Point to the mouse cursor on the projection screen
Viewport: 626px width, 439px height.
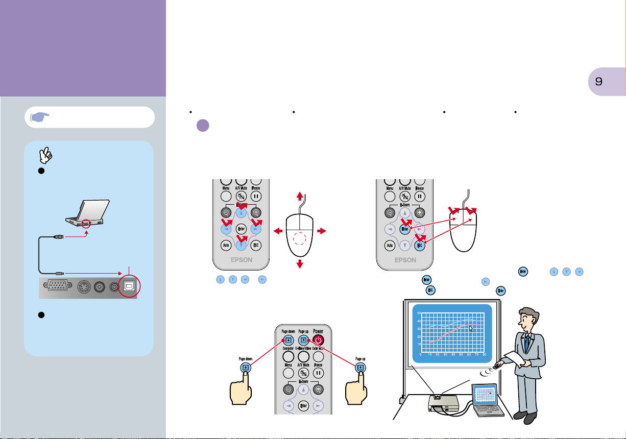471,328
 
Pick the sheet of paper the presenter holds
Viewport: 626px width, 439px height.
517,359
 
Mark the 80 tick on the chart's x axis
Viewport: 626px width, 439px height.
484,354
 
